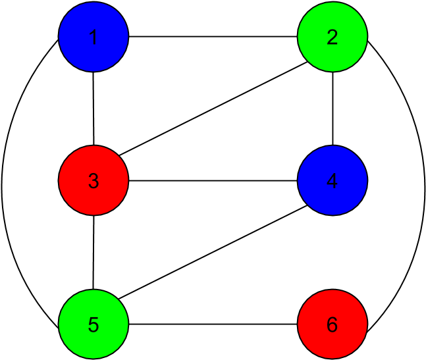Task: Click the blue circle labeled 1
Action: pos(93,37)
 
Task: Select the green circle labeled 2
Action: pos(333,37)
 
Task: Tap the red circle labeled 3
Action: pos(93,180)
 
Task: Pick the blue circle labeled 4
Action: pos(333,180)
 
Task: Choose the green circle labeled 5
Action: pos(93,324)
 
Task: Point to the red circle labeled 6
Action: pos(333,324)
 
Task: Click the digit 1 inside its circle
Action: pos(93,38)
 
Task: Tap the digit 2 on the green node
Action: pos(333,38)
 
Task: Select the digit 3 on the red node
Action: pos(93,181)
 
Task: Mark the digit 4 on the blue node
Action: pos(333,181)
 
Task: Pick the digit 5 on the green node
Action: pos(93,324)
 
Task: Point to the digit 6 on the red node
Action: pos(333,324)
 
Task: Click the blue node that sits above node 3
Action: pos(93,37)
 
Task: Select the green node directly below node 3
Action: pos(93,324)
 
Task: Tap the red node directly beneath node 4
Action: pos(333,324)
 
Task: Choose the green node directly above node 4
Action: pos(333,37)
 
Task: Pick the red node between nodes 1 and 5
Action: pos(93,180)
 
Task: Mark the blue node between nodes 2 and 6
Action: pos(333,180)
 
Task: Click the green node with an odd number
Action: pos(93,324)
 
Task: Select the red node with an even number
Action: pos(333,324)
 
